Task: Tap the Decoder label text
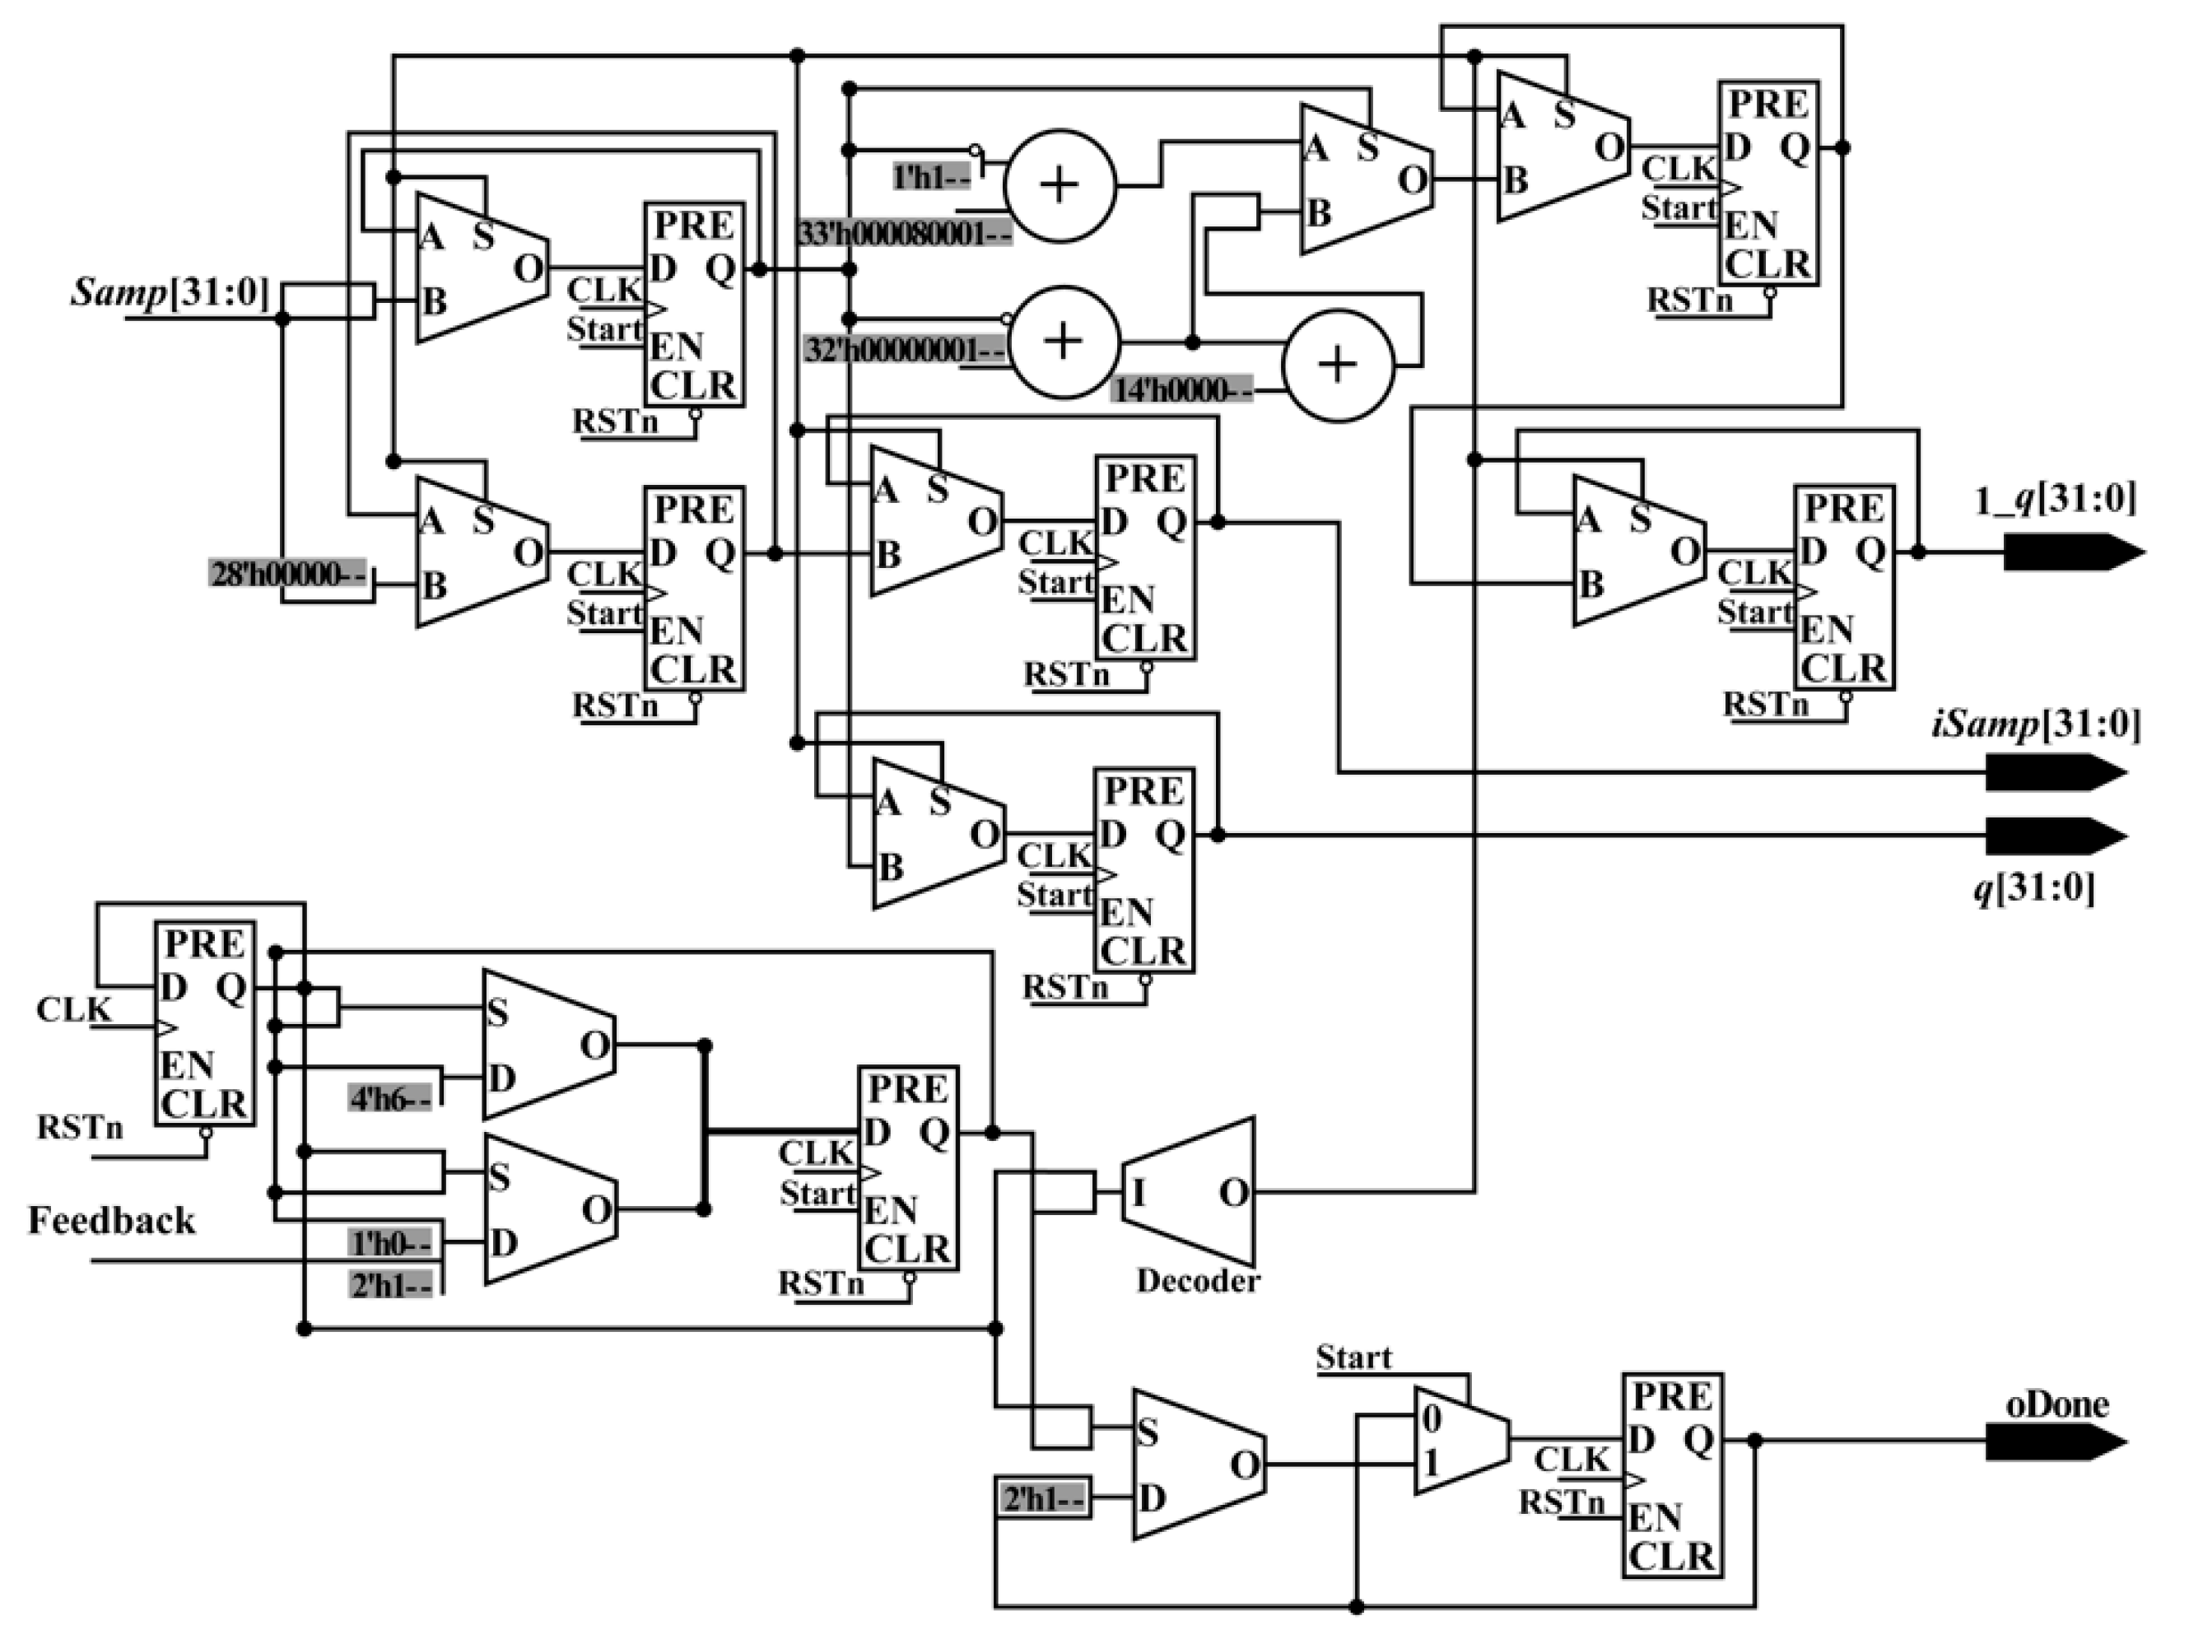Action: [1198, 1281]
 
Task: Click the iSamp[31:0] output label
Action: [2037, 725]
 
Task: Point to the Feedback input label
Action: [111, 1220]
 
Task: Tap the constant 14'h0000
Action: [1181, 391]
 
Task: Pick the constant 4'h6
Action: [390, 1099]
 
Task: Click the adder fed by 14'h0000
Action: [1338, 366]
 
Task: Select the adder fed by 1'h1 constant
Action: [1060, 185]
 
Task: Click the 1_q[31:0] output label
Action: [2055, 500]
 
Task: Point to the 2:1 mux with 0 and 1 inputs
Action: [1460, 1440]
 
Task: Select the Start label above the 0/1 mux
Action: [1353, 1357]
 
